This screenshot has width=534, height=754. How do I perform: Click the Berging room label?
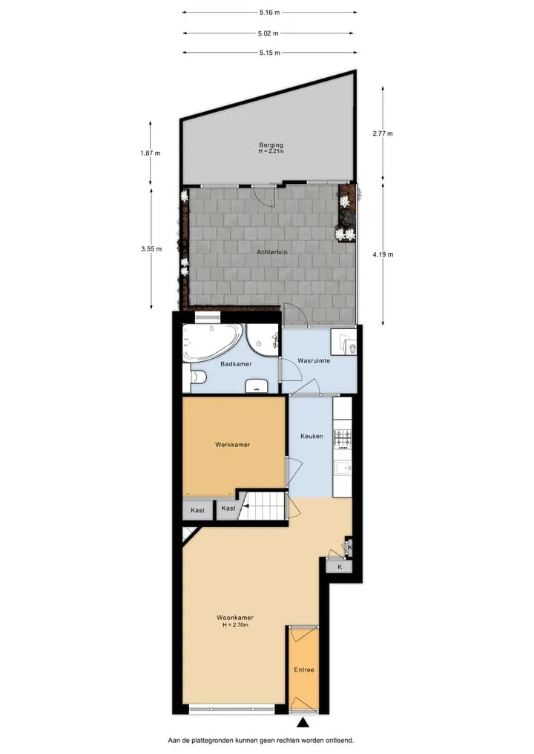(271, 145)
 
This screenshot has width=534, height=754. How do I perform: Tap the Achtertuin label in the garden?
(271, 252)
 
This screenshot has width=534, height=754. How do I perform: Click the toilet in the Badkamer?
(199, 377)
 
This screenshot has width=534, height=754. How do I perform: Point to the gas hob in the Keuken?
(343, 438)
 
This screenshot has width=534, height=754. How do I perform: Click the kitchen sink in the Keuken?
(343, 467)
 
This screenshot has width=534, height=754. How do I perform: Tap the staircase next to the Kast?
(263, 506)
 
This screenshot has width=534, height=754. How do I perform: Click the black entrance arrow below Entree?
(303, 721)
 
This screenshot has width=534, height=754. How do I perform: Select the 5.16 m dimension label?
(269, 13)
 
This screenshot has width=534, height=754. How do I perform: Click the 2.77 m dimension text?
(383, 133)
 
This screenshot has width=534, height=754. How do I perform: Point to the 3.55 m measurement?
(151, 248)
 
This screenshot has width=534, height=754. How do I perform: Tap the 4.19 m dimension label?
(383, 254)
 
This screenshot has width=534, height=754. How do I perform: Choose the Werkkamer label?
(232, 444)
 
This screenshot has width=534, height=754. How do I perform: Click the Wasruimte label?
(314, 360)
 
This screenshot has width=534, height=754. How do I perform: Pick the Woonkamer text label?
(235, 618)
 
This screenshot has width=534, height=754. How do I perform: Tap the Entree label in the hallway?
(304, 669)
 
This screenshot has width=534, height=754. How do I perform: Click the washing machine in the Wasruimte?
(343, 342)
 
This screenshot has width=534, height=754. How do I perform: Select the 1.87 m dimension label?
(151, 153)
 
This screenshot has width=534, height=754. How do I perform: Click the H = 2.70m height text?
(235, 625)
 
